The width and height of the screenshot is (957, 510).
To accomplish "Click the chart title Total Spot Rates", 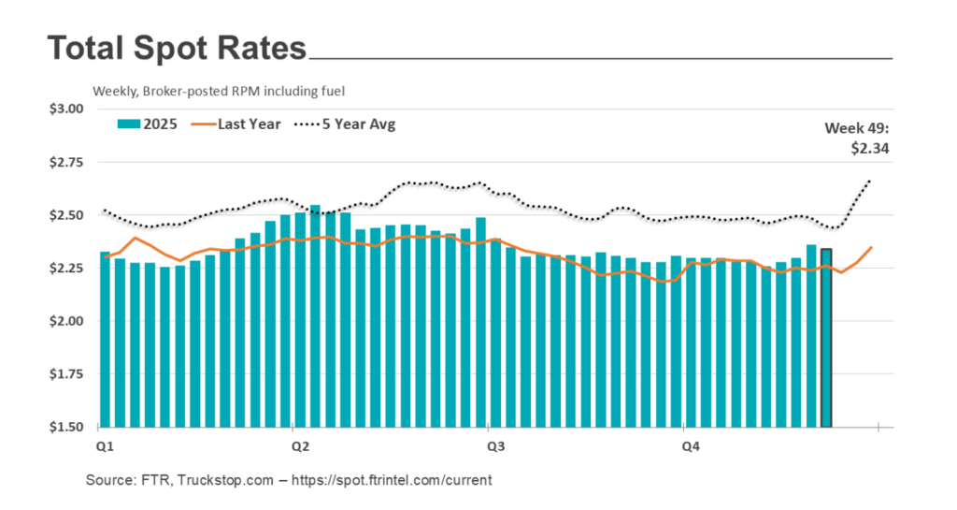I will point(177,48).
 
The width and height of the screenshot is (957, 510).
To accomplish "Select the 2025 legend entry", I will point(149,124).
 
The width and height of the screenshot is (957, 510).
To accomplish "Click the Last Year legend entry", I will point(237,124).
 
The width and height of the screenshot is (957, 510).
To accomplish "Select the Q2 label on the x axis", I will point(300,446).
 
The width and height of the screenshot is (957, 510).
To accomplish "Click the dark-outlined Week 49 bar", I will point(826,337).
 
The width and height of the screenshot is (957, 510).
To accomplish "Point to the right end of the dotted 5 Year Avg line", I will point(870,181).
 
